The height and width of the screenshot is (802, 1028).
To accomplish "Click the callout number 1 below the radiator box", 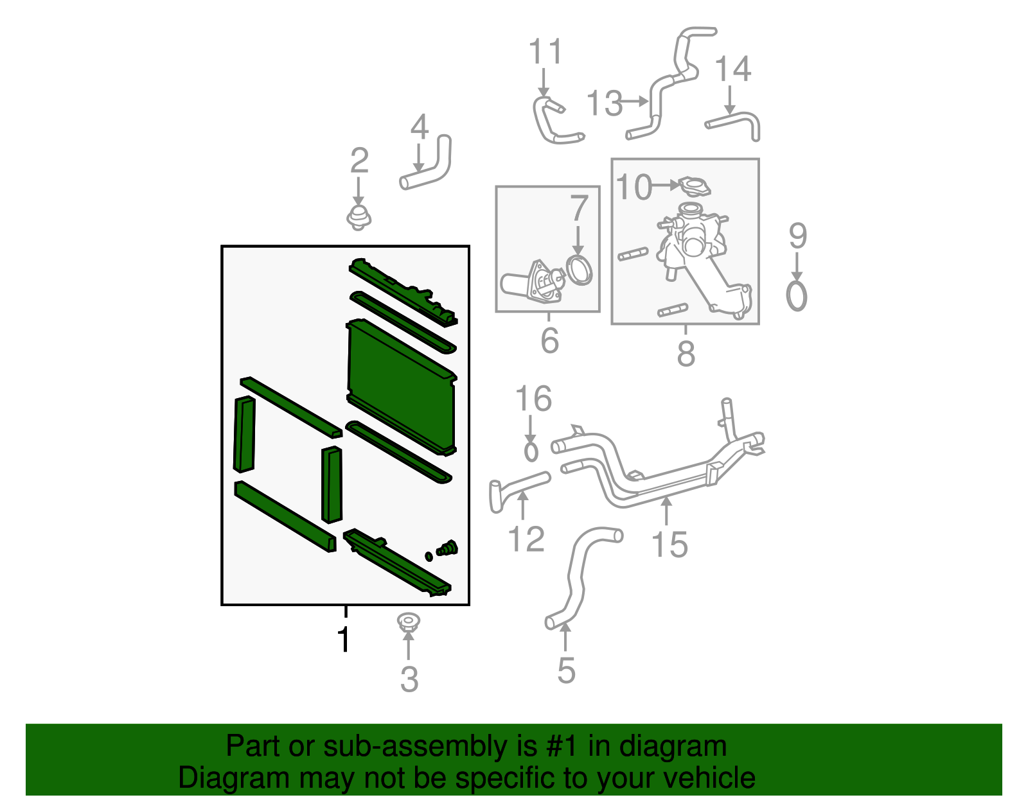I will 344,640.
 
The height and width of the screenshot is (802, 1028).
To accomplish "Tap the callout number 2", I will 359,161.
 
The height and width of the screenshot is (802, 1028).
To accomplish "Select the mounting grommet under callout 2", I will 359,218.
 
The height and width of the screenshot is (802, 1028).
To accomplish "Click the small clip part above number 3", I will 407,622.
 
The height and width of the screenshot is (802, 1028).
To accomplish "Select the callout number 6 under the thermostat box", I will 549,341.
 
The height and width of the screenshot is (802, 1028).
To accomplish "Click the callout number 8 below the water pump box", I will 686,354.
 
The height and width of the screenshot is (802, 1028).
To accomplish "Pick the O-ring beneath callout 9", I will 797,296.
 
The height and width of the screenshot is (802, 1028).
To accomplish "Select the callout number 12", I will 526,539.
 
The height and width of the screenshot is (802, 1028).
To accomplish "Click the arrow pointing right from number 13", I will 635,101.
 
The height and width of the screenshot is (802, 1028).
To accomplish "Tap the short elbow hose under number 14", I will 736,122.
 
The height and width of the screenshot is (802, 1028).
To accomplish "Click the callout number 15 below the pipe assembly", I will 669,545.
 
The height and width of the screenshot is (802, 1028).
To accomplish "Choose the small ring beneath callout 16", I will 531,451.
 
